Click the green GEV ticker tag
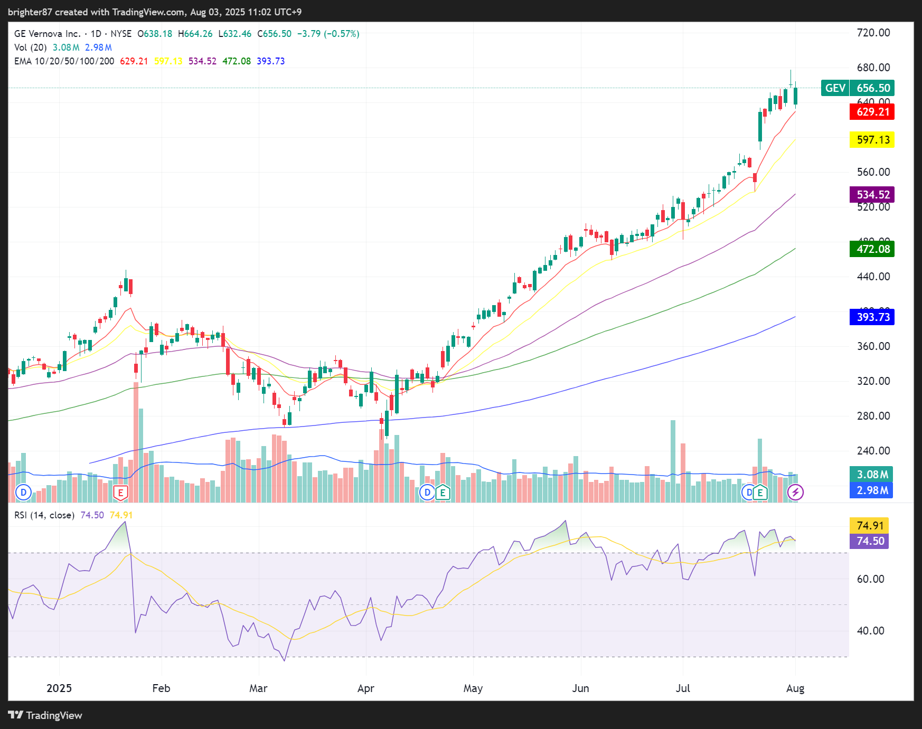835,88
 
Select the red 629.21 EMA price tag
872,112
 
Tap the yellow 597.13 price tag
872,140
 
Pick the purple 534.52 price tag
872,195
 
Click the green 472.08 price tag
872,249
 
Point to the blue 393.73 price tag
872,317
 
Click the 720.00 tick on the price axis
873,33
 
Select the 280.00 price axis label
873,416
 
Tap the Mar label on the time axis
258,688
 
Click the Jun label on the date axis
580,688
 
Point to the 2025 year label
59,688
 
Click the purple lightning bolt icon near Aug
795,493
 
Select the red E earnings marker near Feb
120,493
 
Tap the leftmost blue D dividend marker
23,493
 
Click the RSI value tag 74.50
870,541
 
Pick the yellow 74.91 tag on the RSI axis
870,526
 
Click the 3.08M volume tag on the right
872,475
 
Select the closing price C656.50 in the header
275,34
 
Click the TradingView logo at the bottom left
45,715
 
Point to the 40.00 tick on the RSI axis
870,631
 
